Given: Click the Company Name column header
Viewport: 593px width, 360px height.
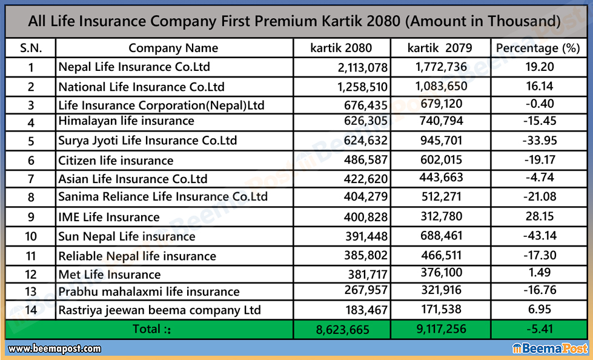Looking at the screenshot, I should click(173, 48).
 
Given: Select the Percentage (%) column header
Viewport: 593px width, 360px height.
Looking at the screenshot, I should click(538, 48).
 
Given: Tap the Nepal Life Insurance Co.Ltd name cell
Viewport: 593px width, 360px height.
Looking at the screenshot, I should click(134, 67).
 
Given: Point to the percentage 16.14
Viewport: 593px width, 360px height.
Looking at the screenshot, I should click(540, 86).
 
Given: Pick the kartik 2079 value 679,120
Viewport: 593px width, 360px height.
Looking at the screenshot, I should click(440, 104).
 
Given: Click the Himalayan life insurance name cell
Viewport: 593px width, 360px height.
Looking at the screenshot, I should click(126, 121).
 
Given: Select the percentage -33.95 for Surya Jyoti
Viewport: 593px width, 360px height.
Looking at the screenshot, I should click(540, 141).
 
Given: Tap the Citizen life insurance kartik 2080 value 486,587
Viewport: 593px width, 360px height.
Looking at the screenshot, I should click(363, 161).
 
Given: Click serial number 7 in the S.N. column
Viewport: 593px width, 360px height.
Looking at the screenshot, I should click(30, 179).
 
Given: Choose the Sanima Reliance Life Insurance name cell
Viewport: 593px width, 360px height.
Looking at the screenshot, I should click(163, 197).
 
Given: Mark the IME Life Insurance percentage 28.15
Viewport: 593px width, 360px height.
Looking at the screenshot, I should click(540, 216).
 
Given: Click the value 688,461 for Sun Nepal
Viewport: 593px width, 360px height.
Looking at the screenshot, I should click(440, 236).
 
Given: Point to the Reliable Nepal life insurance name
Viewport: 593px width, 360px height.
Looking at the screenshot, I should click(137, 256).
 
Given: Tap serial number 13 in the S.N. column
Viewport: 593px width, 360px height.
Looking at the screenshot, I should click(30, 292).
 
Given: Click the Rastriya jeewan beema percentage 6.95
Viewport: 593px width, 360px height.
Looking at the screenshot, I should click(540, 310).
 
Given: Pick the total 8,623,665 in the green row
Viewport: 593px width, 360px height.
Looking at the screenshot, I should click(342, 330).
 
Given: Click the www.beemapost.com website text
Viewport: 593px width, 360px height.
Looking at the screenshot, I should click(54, 348).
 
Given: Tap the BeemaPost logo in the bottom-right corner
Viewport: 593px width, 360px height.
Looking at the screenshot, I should click(550, 348).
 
